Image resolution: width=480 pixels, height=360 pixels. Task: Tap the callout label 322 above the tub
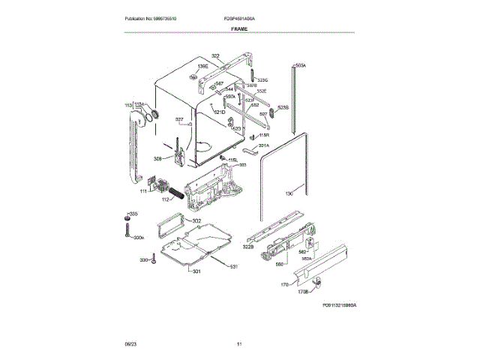215,56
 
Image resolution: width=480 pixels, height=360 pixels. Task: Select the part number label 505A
301,66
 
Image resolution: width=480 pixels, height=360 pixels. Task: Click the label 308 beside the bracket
157,158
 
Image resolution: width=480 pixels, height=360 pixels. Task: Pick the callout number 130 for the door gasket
289,194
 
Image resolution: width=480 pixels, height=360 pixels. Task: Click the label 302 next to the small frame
196,220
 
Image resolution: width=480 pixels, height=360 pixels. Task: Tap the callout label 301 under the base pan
196,271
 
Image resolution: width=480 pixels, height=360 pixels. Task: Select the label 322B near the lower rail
249,247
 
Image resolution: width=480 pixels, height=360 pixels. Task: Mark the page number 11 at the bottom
238,343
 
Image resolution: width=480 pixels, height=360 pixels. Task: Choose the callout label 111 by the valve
142,191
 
